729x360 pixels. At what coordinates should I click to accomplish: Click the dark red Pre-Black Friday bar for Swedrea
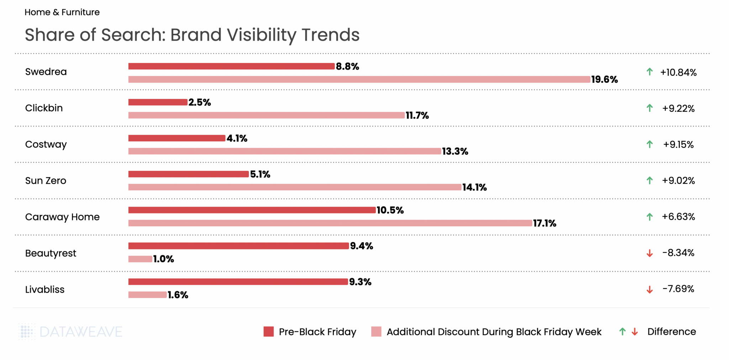click(x=231, y=66)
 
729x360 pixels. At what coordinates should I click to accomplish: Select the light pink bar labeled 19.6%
click(x=359, y=79)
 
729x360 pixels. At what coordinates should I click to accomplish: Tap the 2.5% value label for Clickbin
click(x=200, y=102)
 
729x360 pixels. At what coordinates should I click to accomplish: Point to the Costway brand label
click(x=46, y=144)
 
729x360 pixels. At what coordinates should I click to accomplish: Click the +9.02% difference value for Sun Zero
click(x=678, y=181)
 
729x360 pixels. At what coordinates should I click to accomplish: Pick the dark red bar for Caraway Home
click(x=252, y=210)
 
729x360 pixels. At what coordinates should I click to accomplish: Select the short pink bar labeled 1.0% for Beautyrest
click(x=140, y=259)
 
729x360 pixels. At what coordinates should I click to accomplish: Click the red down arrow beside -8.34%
click(x=650, y=253)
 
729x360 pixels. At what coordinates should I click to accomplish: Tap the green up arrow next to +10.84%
click(x=650, y=72)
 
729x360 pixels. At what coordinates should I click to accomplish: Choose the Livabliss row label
click(x=45, y=290)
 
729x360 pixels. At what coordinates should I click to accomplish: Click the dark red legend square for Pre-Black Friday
click(x=269, y=332)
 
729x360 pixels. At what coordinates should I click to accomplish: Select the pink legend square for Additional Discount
click(x=376, y=332)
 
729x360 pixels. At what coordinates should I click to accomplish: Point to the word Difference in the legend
click(x=671, y=332)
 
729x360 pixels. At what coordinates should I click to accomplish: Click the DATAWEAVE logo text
click(x=81, y=332)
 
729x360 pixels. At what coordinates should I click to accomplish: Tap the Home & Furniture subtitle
click(x=62, y=12)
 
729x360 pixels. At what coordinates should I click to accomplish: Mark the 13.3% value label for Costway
click(x=455, y=152)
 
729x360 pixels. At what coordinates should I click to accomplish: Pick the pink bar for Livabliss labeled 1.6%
click(x=147, y=295)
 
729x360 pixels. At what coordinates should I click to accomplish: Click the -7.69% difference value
click(x=678, y=289)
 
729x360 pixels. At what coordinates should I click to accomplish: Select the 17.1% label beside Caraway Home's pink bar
click(x=544, y=223)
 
